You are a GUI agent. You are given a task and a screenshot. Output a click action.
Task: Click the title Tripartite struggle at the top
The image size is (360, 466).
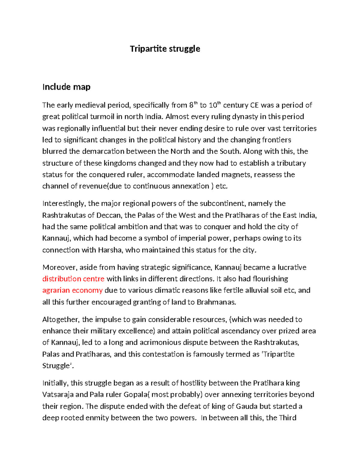tap(165, 49)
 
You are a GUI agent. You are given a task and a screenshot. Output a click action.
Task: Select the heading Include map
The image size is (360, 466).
tap(66, 87)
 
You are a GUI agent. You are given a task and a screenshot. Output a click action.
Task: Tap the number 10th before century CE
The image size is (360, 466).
tap(215, 105)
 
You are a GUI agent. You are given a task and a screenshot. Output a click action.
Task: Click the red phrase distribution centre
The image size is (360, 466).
tap(73, 279)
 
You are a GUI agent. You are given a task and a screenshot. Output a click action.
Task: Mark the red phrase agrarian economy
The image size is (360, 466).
tap(72, 290)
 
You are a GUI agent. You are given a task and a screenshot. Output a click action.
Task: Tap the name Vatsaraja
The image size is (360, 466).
tap(61, 394)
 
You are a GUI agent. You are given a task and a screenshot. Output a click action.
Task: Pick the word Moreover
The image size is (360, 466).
tap(60, 267)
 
